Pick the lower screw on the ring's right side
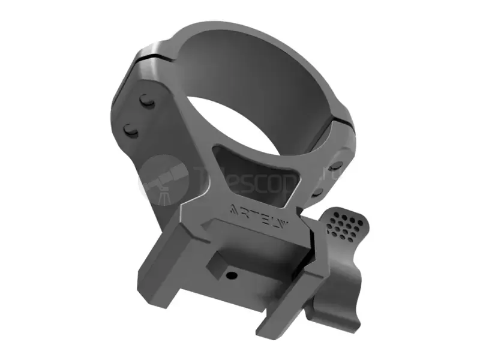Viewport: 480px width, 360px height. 319,190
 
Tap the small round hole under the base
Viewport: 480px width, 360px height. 230,275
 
